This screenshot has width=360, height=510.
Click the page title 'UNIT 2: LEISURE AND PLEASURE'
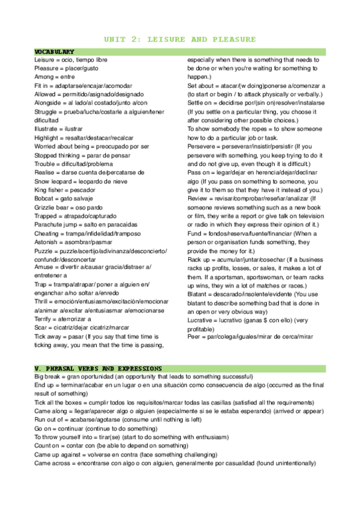pyautogui.click(x=180, y=40)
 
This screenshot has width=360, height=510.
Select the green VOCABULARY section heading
pyautogui.click(x=55, y=52)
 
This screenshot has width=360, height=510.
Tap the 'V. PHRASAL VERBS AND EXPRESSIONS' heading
pyautogui.click(x=98, y=367)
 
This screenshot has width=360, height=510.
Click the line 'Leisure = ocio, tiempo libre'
pyautogui.click(x=71, y=60)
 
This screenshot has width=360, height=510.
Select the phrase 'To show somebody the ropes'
pyautogui.click(x=226, y=129)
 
